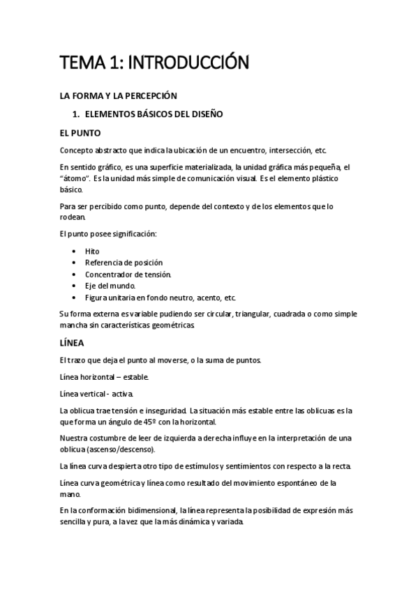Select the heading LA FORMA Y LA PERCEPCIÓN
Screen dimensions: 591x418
coord(119,95)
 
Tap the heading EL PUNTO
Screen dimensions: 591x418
coord(81,132)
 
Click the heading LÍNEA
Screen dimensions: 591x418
coord(72,343)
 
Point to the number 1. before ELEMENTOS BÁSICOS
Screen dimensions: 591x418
coord(78,114)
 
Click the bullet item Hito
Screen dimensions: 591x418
coord(92,251)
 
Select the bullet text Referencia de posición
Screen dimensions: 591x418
coord(124,263)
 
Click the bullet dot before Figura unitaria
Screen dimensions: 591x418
coord(75,298)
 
